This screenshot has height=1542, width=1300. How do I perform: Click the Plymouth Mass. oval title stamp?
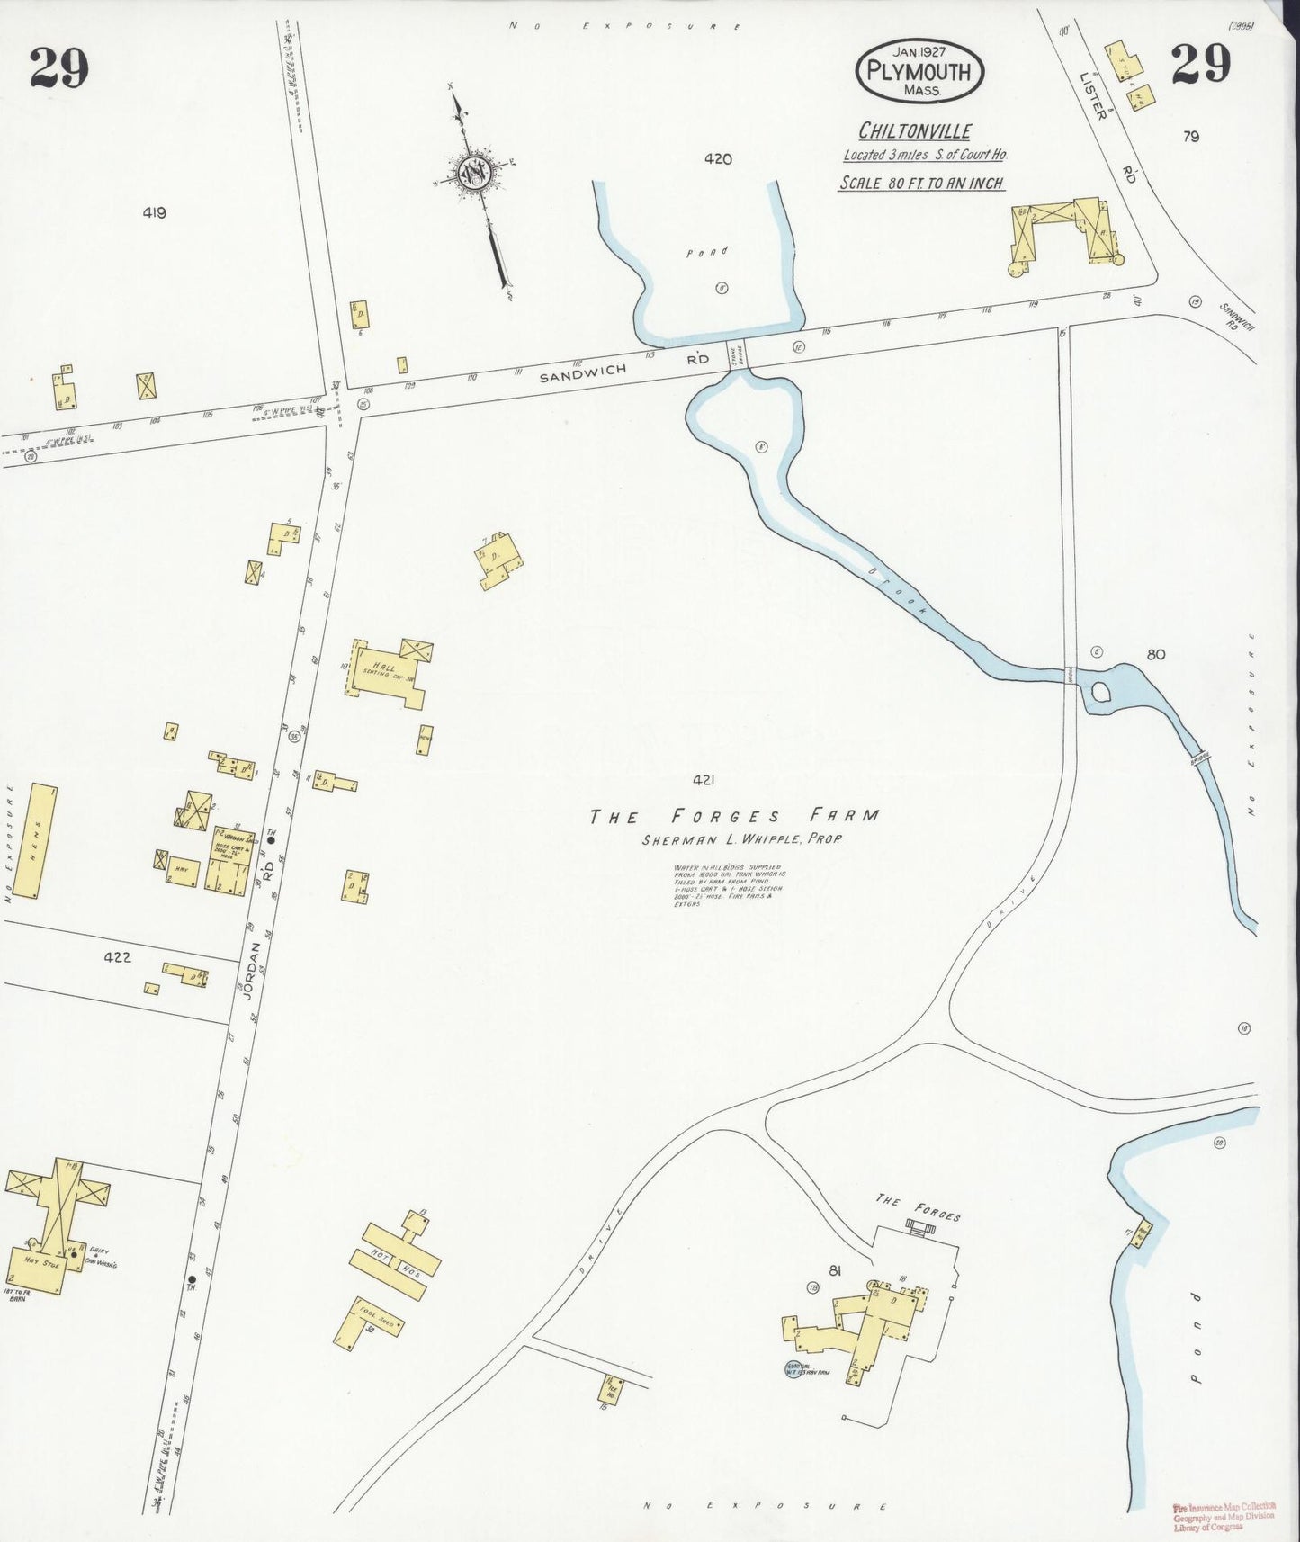pyautogui.click(x=919, y=70)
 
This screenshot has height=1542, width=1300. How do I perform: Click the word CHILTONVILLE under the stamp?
pyautogui.click(x=914, y=131)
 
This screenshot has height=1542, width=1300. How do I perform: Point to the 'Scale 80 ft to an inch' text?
pyautogui.click(x=920, y=183)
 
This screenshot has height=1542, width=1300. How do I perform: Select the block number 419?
pyautogui.click(x=154, y=213)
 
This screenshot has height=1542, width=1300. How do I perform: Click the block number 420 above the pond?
pyautogui.click(x=717, y=159)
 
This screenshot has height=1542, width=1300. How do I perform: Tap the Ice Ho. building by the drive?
pyautogui.click(x=612, y=1388)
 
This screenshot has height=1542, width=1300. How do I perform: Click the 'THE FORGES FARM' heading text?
pyautogui.click(x=733, y=816)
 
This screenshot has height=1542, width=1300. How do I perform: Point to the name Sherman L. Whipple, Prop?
pyautogui.click(x=732, y=840)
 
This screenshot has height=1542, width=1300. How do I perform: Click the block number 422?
pyautogui.click(x=117, y=957)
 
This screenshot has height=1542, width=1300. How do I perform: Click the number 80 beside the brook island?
pyautogui.click(x=1155, y=654)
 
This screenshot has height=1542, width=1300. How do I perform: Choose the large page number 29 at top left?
pyautogui.click(x=59, y=67)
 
